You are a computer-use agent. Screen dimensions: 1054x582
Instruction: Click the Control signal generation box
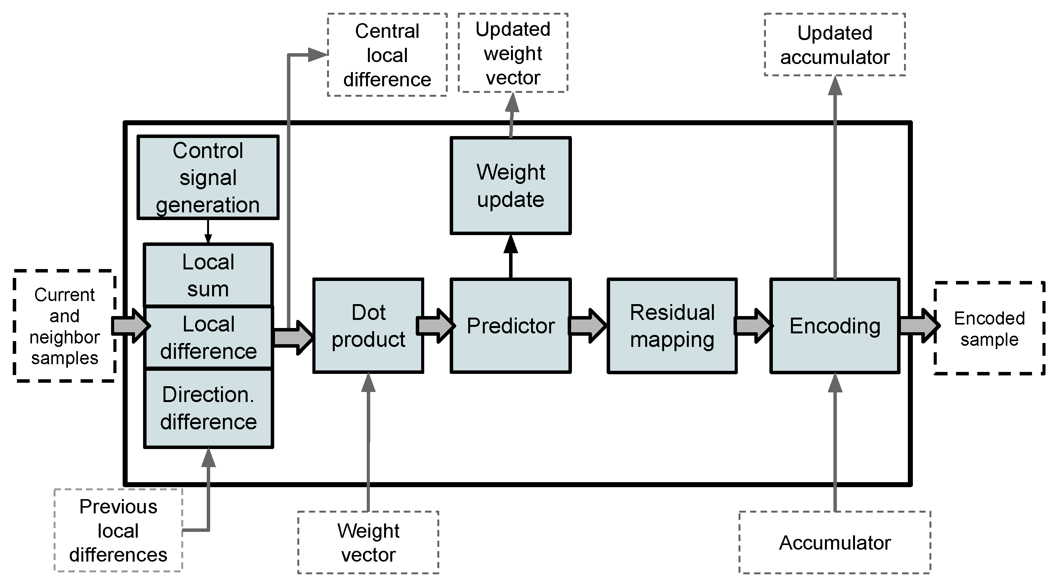[x=208, y=178]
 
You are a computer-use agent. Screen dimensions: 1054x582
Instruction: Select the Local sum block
[x=208, y=275]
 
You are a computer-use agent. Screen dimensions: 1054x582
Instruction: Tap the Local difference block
[x=208, y=337]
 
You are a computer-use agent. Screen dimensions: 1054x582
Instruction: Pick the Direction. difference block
[x=208, y=408]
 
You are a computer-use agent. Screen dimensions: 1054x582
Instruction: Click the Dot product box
[x=368, y=326]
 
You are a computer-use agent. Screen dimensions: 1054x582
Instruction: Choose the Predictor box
[x=510, y=326]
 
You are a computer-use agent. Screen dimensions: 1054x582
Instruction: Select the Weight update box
[x=510, y=186]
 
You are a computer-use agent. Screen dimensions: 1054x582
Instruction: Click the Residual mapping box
[x=672, y=326]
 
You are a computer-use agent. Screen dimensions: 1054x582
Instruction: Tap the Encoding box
[x=835, y=326]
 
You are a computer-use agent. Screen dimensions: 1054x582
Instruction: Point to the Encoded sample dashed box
[x=989, y=328]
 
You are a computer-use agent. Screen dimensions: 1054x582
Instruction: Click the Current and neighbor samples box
[x=65, y=326]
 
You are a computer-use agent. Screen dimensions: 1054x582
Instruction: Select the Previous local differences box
[x=118, y=530]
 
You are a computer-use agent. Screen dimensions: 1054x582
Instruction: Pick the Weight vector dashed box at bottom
[x=368, y=542]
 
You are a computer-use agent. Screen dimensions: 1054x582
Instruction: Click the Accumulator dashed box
[x=835, y=542]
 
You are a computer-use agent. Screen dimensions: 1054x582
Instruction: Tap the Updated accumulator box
[x=835, y=45]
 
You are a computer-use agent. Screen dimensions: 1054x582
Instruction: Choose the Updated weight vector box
[x=513, y=53]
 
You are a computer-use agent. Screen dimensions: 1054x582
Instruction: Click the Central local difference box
[x=387, y=55]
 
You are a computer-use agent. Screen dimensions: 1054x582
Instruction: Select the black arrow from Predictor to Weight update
[x=510, y=258]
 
